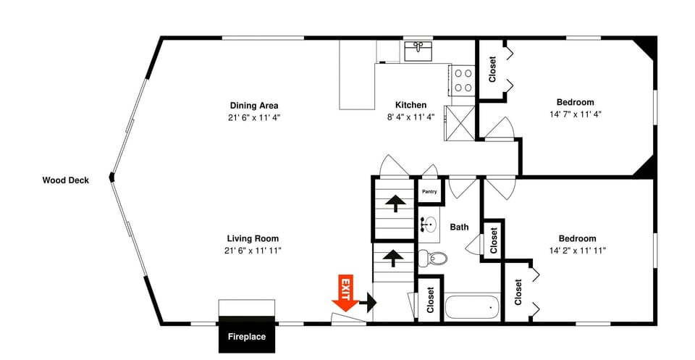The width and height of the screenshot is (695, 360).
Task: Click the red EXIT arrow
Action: tap(345, 293)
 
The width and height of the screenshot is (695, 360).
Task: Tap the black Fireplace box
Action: tap(247, 335)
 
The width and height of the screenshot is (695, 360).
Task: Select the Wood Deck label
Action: tap(66, 180)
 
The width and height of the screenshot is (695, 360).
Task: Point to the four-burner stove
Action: tap(463, 80)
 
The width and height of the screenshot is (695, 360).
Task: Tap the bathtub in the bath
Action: tap(472, 306)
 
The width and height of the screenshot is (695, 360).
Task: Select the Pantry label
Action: tap(429, 191)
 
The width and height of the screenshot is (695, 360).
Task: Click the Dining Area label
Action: tap(254, 106)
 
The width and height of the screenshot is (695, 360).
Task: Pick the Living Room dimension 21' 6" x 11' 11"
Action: tap(253, 251)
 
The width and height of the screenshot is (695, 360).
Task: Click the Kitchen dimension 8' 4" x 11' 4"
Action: tap(411, 117)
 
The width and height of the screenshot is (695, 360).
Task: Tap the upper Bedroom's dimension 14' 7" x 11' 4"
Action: tap(576, 114)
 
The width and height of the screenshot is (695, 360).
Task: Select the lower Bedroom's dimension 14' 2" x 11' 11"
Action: tap(577, 250)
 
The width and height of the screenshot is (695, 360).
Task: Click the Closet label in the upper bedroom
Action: tap(492, 69)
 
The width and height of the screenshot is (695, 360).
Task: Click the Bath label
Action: tap(459, 227)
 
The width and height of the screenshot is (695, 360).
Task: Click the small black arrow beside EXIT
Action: tap(368, 303)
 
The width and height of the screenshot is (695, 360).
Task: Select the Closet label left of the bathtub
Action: tap(430, 300)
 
